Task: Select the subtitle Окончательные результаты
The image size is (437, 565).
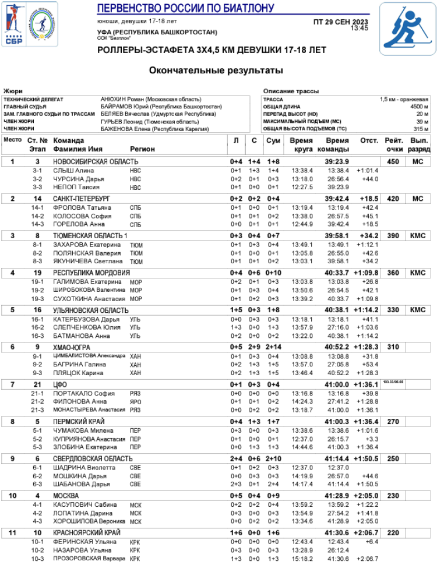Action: point(216,70)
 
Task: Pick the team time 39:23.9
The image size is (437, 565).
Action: point(337,161)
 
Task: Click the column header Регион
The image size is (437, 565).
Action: point(142,149)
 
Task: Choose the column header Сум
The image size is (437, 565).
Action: point(273,141)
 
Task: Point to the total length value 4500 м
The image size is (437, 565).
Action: point(418,107)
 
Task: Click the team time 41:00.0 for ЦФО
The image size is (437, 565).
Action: point(337,384)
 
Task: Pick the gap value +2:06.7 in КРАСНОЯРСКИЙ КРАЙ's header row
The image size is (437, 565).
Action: point(366,533)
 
